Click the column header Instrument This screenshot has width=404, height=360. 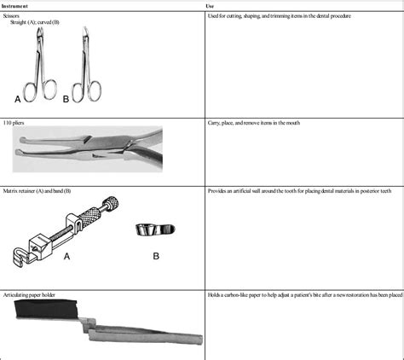(16, 5)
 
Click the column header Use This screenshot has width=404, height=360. (212, 5)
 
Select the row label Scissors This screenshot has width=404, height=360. (15, 16)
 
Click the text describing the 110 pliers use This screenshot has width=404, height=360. (257, 124)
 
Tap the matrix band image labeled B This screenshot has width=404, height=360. (153, 229)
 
